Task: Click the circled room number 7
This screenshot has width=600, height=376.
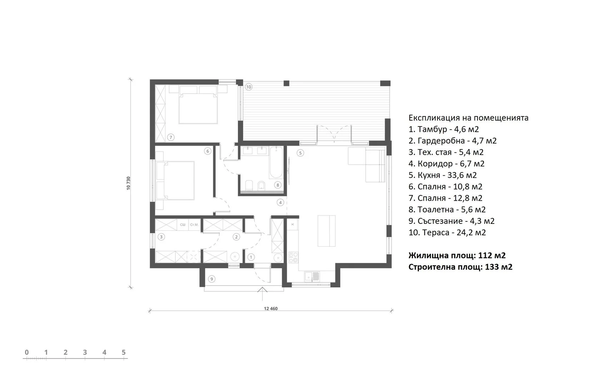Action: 171,137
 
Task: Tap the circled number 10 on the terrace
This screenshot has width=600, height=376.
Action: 249,87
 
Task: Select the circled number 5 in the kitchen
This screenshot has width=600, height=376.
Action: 300,153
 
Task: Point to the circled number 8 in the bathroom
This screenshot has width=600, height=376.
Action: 278,185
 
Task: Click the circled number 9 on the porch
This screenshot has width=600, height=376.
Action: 211,279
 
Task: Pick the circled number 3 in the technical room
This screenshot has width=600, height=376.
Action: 161,237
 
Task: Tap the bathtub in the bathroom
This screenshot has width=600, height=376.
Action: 276,162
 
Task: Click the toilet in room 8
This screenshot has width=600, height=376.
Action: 249,186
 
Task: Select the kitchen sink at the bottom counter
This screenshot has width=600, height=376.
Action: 312,276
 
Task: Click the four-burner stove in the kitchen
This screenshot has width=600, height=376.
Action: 294,257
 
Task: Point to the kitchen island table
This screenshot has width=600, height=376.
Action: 326,231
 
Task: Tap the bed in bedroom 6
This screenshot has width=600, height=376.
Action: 175,181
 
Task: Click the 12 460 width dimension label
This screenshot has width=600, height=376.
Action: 271,309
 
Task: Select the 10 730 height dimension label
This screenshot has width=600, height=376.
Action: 128,184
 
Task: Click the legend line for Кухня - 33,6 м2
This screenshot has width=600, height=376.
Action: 442,175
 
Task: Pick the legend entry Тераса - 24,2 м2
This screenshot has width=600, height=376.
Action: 447,232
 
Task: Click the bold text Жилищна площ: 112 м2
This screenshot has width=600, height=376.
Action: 457,256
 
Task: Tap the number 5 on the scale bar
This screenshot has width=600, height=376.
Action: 124,352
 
